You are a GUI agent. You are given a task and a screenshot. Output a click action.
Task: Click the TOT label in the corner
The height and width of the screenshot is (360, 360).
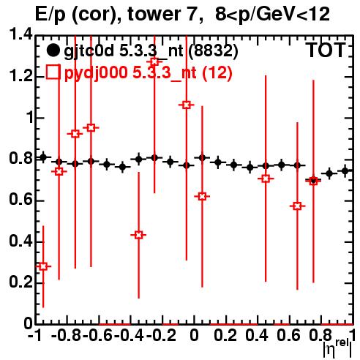(x=326, y=50)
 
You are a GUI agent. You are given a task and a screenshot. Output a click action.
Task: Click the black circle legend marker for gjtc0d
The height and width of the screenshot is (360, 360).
(x=53, y=50)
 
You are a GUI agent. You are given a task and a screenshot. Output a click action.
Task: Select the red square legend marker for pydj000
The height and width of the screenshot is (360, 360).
(x=53, y=72)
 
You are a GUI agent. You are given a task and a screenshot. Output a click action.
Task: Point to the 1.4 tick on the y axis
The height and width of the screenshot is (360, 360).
(x=20, y=34)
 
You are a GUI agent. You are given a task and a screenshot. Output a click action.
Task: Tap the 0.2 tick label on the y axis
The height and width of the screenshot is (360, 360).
(x=20, y=282)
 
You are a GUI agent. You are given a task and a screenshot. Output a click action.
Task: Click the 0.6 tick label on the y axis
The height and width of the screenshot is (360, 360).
(x=20, y=200)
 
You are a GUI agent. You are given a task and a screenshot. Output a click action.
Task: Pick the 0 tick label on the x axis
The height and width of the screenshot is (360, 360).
(x=194, y=335)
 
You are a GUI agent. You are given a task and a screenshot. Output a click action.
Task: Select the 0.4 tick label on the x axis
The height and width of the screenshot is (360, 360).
(x=257, y=335)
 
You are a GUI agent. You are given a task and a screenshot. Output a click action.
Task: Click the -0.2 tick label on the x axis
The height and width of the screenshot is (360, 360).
(x=161, y=335)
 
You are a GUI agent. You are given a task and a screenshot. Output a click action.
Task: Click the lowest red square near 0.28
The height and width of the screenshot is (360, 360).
(x=43, y=266)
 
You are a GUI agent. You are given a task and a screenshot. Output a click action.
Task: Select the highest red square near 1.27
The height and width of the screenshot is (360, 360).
(x=154, y=61)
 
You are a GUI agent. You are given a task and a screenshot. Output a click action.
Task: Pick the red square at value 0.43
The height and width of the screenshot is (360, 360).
(x=138, y=235)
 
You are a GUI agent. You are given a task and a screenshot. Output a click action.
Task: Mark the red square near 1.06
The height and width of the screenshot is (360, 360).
(x=187, y=105)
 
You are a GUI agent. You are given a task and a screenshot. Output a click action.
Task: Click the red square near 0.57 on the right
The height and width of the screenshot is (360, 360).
(x=297, y=206)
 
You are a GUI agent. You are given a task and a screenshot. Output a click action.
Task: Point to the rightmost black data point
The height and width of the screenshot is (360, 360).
(x=345, y=171)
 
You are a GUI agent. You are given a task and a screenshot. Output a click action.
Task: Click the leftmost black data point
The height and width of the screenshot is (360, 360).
(x=43, y=157)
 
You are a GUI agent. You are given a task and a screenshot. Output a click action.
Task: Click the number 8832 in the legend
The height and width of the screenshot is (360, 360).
(x=214, y=50)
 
